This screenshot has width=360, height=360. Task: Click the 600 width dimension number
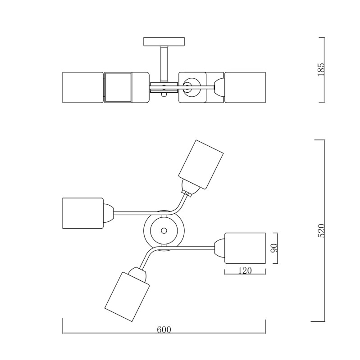[x=164, y=329]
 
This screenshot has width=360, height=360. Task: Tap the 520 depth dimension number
[x=321, y=230]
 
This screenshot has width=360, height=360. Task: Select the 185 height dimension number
[x=321, y=70]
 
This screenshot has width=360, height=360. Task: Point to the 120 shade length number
[x=245, y=271]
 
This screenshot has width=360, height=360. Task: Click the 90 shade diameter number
[x=274, y=248]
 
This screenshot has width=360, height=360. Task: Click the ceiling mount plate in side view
[x=164, y=41]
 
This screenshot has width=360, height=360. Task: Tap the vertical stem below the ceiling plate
[x=164, y=64]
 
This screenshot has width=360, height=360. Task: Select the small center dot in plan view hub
[x=164, y=230]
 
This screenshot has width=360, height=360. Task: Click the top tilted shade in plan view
[x=201, y=164]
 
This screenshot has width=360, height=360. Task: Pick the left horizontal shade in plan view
[x=83, y=213]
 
